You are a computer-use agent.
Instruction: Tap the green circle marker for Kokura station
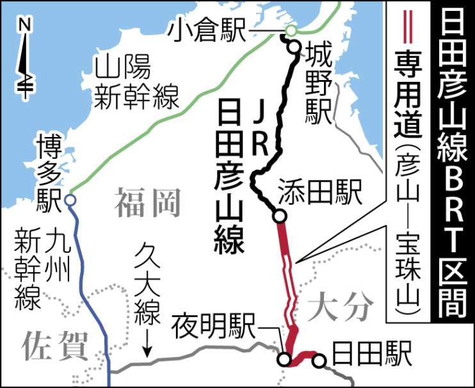[291, 30]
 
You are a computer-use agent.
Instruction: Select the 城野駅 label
[314, 83]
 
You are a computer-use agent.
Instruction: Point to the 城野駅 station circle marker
[294, 47]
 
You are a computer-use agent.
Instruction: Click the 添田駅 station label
[320, 190]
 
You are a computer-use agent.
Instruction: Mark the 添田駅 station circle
[279, 216]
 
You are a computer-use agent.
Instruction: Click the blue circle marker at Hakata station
[70, 200]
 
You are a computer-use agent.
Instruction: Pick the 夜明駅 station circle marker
[283, 360]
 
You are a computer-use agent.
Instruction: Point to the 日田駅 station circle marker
[318, 361]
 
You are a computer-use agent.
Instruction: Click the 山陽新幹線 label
[132, 83]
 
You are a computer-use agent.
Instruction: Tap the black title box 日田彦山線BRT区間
[453, 164]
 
